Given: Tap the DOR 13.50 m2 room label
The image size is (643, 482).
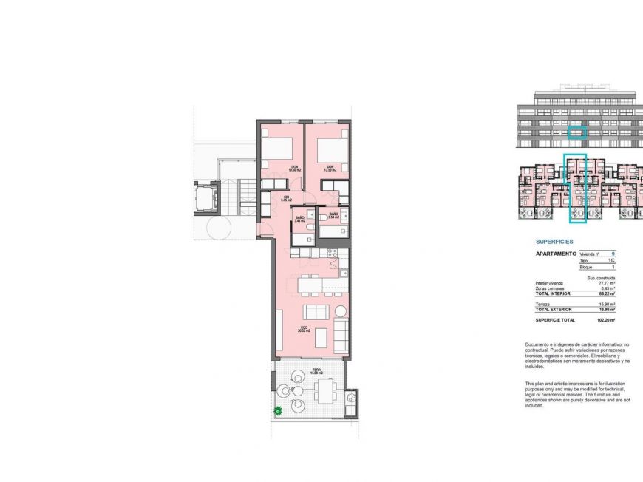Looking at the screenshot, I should click(330, 168).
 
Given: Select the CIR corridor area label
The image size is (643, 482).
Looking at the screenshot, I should click(286, 198).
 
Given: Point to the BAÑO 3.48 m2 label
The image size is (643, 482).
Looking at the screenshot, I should click(299, 219).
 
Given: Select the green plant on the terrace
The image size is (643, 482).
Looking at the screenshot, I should click(279, 410).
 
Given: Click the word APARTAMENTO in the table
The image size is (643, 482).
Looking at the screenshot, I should click(555, 254).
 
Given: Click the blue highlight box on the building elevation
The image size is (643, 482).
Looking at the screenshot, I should click(577, 133).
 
